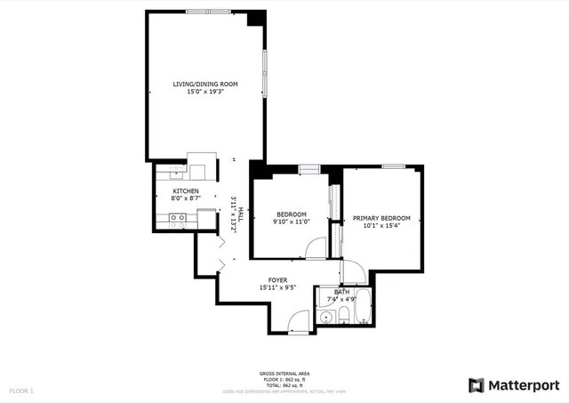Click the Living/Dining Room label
205,85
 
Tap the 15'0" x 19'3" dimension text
205,92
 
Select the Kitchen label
185,191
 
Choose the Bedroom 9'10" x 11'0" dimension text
292,222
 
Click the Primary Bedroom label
381,218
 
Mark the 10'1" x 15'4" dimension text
381,225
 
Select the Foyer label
277,280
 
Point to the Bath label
342,292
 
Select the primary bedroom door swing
350,269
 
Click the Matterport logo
514,384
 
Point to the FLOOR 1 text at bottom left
20,391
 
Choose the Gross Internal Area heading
284,374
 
